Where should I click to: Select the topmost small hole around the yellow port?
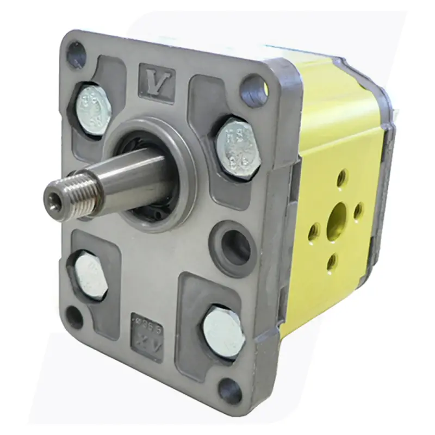341,177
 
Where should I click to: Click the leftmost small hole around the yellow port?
314,233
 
